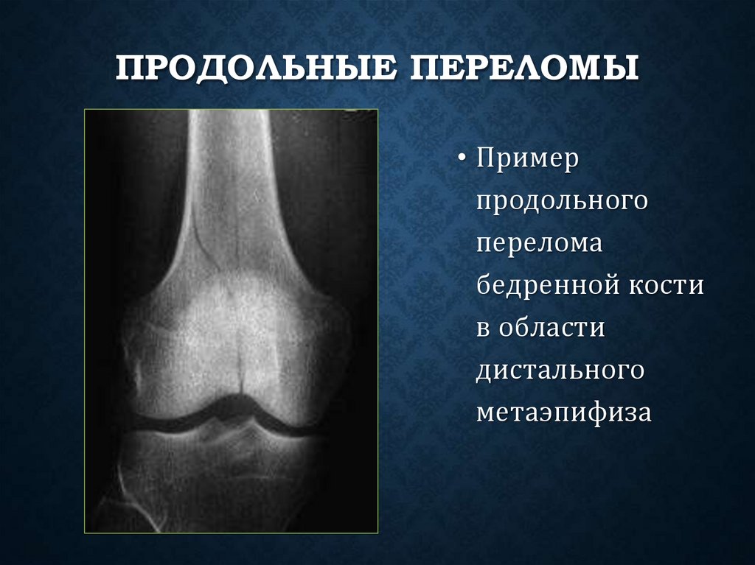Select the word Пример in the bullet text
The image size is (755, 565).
pos(529,161)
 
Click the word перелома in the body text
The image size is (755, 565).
pos(540,244)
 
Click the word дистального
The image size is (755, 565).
pos(561,369)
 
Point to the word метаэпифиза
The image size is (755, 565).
pos(564,411)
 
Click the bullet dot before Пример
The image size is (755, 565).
pos(462,161)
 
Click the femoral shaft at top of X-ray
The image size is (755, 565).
pos(228,162)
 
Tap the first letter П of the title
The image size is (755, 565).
pos(130,72)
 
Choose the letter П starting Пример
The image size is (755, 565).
pos(487,161)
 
